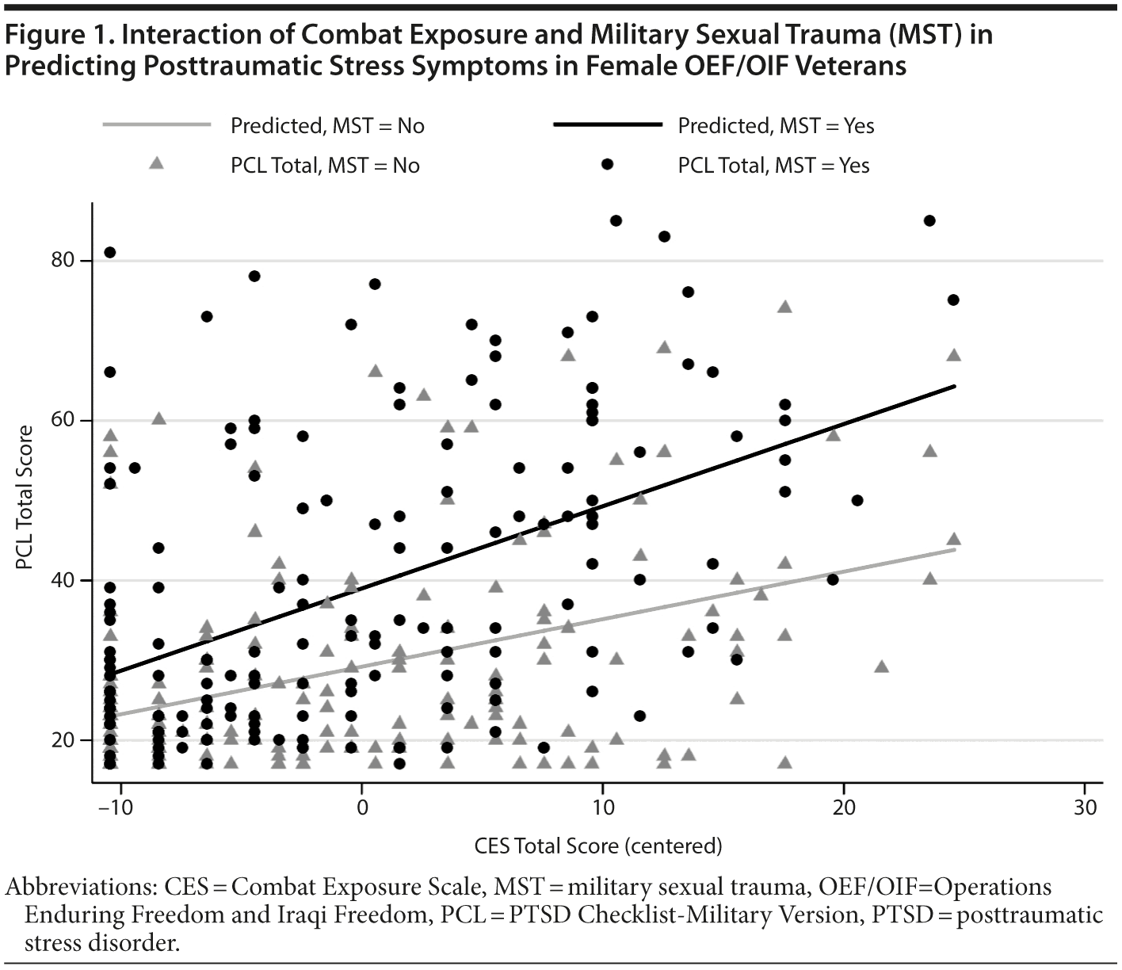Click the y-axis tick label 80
pyautogui.click(x=67, y=261)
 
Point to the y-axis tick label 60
pyautogui.click(x=67, y=420)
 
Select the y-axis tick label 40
pyautogui.click(x=67, y=580)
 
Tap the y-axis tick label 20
pyautogui.click(x=67, y=740)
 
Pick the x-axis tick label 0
pyautogui.click(x=362, y=808)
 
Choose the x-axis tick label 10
pyautogui.click(x=603, y=808)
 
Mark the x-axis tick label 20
pyautogui.click(x=844, y=808)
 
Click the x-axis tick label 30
pyautogui.click(x=1085, y=808)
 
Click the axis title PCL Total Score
pyautogui.click(x=25, y=497)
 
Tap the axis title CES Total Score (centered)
pyautogui.click(x=598, y=846)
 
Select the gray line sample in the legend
pyautogui.click(x=157, y=125)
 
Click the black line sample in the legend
pyautogui.click(x=607, y=125)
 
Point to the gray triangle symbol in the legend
pyautogui.click(x=157, y=163)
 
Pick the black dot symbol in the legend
pyautogui.click(x=607, y=164)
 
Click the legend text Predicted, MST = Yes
pyautogui.click(x=776, y=126)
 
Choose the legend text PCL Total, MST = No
pyautogui.click(x=325, y=166)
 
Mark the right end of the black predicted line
pyautogui.click(x=954, y=386)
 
